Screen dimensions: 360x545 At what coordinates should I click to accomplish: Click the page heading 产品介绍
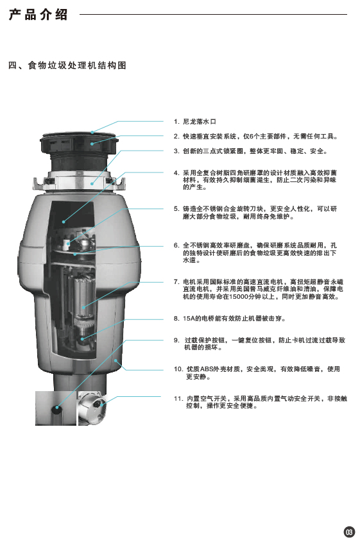(x=39, y=15)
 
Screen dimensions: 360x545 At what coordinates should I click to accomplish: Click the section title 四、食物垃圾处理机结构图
(x=67, y=65)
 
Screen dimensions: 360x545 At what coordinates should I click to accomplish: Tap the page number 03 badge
(x=349, y=532)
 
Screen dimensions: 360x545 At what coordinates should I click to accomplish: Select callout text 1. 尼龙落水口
(x=195, y=122)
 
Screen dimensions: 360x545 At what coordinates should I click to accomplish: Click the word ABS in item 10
(x=207, y=369)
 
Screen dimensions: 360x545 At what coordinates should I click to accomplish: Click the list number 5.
(x=176, y=209)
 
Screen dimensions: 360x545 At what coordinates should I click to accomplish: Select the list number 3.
(x=176, y=151)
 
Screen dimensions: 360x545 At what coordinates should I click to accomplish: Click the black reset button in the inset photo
(x=56, y=409)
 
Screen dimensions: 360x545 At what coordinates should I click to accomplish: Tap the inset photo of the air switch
(x=91, y=408)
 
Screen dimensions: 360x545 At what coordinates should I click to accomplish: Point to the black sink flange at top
(x=80, y=142)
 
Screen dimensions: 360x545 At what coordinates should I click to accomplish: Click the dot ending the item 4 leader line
(x=64, y=221)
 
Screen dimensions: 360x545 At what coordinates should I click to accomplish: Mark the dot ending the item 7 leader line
(x=83, y=307)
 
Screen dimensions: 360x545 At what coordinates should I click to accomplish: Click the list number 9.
(x=176, y=340)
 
